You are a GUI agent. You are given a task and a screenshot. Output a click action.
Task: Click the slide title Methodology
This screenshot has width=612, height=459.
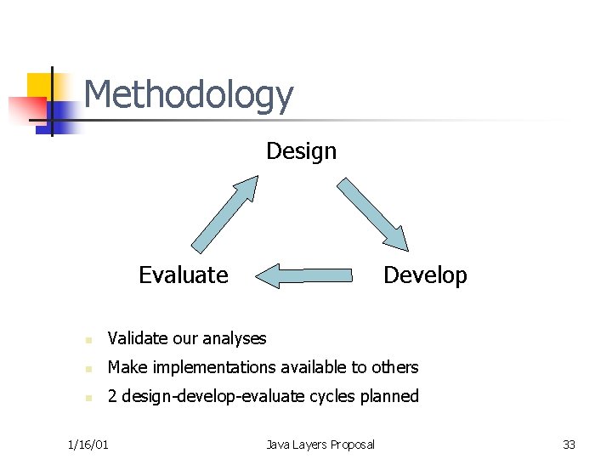pos(188,95)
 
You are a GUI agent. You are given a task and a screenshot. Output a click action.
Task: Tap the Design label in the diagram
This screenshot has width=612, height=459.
pos(301,151)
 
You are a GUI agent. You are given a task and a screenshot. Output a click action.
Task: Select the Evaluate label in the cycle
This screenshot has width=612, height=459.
pos(183,275)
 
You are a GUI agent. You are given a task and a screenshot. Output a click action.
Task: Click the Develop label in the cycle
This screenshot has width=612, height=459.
pos(425,275)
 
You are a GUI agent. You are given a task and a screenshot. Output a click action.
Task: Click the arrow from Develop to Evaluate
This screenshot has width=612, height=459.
pos(303,275)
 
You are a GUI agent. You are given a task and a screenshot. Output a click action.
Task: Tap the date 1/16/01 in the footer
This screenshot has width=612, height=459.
pos(88,445)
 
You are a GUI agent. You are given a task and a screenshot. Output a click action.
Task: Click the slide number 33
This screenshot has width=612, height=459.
pos(569,445)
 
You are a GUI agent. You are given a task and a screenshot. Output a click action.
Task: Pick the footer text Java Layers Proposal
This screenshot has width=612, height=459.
pos(320,445)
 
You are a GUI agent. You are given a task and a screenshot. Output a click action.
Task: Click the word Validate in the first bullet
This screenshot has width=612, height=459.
pos(138,338)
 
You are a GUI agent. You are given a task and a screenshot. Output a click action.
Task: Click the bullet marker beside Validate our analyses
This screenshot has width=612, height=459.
pos(88,340)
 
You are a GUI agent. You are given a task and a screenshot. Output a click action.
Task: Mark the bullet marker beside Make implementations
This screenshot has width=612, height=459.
pos(88,369)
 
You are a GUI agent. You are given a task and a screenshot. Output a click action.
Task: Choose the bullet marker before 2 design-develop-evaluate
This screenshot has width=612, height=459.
pos(88,398)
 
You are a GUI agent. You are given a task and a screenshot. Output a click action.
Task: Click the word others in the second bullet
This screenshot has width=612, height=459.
pos(394,367)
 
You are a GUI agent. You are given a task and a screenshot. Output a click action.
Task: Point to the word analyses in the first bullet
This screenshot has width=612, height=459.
pos(235,338)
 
